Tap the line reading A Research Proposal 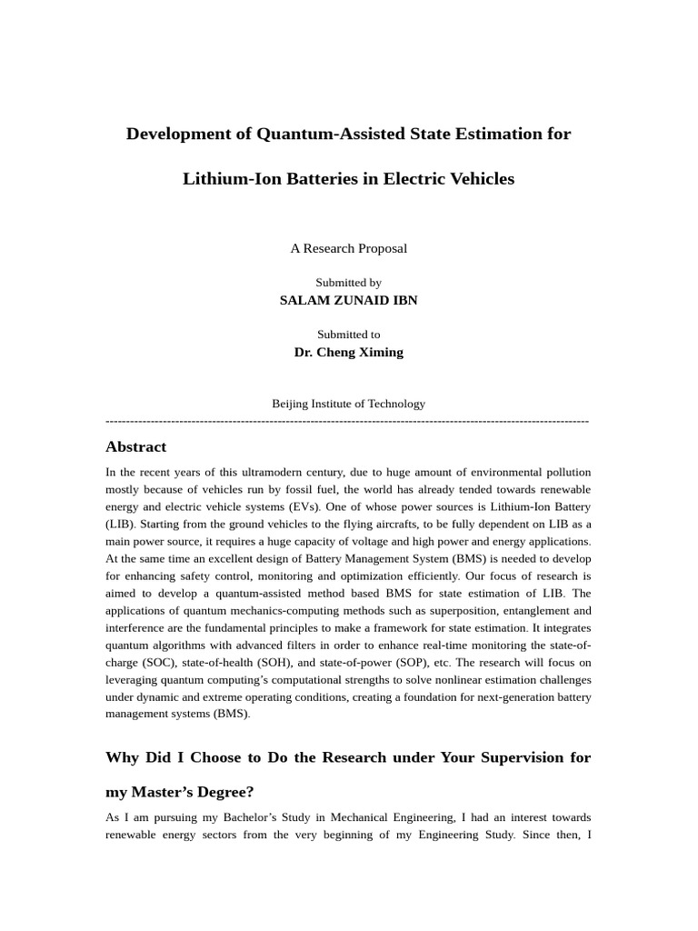point(348,248)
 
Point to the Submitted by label point(348,283)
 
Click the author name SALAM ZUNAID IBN point(348,300)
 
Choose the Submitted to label point(348,335)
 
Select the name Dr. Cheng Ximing point(348,352)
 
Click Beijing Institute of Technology point(348,404)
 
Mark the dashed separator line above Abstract point(348,421)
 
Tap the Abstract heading point(135,446)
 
